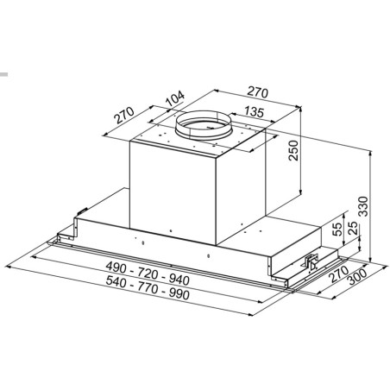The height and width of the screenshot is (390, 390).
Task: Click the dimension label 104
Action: click(x=175, y=98)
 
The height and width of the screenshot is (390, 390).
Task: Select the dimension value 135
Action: click(x=255, y=112)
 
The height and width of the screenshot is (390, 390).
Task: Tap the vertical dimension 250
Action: click(x=293, y=150)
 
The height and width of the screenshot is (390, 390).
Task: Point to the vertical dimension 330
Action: click(x=363, y=206)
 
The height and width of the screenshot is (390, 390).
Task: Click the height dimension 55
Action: click(x=337, y=230)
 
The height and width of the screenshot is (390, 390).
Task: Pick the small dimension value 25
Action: click(x=354, y=228)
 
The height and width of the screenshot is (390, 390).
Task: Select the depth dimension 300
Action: click(x=357, y=276)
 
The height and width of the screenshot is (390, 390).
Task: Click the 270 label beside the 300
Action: click(x=339, y=274)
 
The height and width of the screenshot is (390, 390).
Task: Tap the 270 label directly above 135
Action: click(x=258, y=92)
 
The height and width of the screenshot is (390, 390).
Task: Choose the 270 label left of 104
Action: click(x=124, y=115)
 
